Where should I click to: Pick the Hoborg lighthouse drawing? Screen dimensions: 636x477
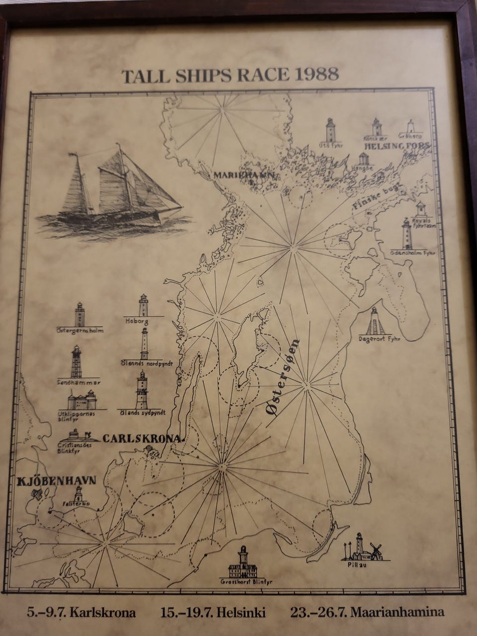click(x=144, y=305)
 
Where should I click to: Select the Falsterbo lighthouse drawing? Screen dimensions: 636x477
click(x=78, y=494)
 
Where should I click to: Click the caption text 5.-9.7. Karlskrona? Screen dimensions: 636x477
click(x=81, y=613)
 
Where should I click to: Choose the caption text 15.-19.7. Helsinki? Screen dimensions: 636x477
click(x=213, y=613)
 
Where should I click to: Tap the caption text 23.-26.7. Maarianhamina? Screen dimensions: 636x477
click(x=368, y=613)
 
